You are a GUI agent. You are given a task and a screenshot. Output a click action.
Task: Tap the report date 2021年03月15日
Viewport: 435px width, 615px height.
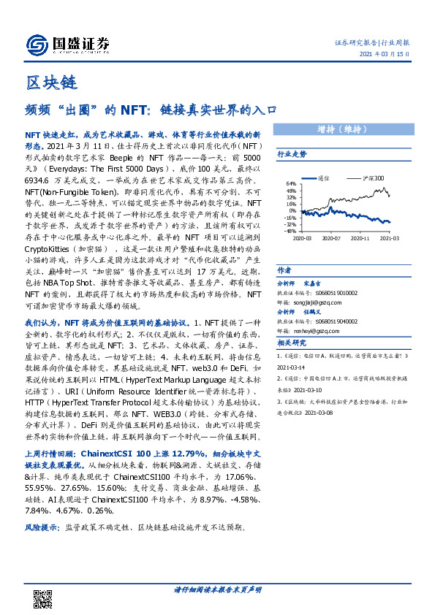[x=385, y=53]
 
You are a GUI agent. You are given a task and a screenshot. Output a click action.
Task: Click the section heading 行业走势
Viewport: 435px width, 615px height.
[x=292, y=155]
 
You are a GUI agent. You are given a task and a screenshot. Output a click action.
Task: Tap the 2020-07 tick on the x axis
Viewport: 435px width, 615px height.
[x=331, y=237]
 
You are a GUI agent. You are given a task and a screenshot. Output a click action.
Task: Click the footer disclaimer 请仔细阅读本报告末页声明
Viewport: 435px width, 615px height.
[x=217, y=589]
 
